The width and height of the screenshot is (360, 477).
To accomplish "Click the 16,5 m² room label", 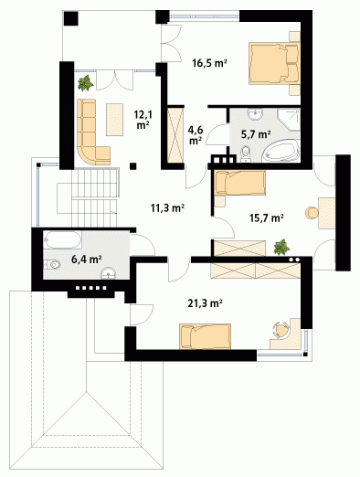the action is [209, 63].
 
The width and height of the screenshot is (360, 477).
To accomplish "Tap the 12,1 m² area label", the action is [143, 120].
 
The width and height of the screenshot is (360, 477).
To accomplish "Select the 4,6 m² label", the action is [196, 135].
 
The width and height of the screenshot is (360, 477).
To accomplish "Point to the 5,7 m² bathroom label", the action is [256, 134].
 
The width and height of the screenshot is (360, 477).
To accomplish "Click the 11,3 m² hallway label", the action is [167, 208].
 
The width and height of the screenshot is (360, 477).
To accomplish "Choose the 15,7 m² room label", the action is [267, 217].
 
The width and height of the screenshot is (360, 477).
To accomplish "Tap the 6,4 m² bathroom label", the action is [86, 260].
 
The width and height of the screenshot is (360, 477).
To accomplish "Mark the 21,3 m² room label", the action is [205, 303].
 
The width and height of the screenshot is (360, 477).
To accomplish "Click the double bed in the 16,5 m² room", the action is [274, 63].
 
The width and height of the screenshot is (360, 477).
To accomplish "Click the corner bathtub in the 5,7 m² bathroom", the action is [281, 151].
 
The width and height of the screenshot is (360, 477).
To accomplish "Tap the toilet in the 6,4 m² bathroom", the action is [52, 264].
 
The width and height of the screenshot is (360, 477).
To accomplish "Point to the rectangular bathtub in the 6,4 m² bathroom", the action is [62, 239].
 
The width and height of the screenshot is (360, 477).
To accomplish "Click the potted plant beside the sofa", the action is [86, 83].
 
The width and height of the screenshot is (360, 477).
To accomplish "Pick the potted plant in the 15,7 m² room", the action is [281, 247].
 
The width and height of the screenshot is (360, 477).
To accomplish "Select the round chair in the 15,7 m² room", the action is [312, 213].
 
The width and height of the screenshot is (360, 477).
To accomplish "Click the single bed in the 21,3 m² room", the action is [205, 336].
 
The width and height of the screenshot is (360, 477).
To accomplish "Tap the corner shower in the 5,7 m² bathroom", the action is [289, 120].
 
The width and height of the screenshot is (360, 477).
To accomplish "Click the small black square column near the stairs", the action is [132, 166].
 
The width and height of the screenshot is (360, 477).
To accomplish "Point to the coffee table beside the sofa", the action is [114, 120].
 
